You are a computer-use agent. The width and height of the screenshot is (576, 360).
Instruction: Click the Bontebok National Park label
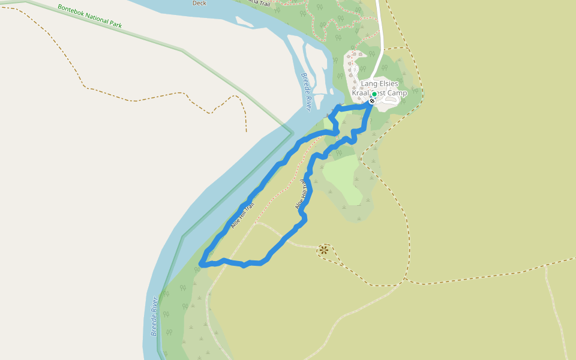click(90, 17)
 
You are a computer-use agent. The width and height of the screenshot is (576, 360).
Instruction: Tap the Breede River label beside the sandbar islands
click(307, 92)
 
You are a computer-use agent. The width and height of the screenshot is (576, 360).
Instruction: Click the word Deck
click(199, 3)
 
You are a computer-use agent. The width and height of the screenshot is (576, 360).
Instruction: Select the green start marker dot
click(374, 94)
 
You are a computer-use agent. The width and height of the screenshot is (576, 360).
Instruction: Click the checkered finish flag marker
click(372, 101)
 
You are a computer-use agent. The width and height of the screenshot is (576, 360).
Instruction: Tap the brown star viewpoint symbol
click(324, 250)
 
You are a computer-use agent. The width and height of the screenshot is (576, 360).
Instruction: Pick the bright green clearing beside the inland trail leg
click(342, 177)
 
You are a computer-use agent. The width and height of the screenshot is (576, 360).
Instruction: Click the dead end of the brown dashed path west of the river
click(246, 131)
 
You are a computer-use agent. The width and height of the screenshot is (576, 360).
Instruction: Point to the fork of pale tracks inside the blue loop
click(256, 224)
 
